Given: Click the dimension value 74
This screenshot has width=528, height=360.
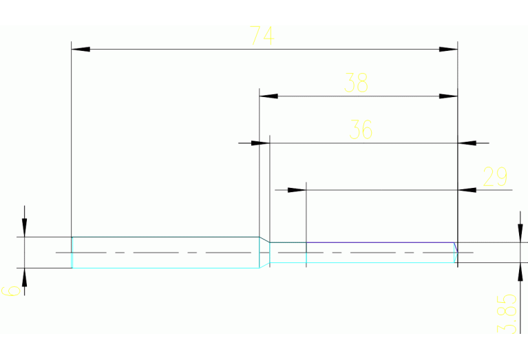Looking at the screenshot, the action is pos(262,35).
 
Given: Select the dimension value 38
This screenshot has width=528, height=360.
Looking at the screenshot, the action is pos(357,83).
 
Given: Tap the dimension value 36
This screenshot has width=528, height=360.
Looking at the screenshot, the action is pos(361,129).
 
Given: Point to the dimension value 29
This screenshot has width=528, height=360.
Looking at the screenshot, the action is pos(496,177).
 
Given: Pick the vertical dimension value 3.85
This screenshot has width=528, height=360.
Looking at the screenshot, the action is pos(507,313).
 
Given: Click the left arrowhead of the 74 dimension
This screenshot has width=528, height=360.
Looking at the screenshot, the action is pos(81,49).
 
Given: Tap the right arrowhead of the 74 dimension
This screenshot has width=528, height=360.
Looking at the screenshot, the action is pos(449,49).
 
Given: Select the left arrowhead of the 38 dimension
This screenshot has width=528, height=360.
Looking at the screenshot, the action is pos(268,96).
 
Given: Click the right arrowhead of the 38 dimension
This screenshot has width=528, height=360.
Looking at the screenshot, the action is pos(449,96).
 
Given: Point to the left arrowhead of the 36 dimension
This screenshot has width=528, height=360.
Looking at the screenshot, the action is pos(260,143).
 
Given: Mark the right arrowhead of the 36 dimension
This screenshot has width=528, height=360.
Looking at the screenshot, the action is pos(467,143).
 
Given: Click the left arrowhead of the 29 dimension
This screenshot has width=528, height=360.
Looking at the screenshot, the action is pos(297,189).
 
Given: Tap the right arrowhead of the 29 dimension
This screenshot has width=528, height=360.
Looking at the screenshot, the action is pos(467,189).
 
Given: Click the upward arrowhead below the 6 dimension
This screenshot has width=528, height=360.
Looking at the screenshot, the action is pos(24,277).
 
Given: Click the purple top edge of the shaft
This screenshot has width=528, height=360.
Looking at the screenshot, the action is pos(379,242).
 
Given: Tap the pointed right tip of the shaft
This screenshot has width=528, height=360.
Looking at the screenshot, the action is pos(457,253).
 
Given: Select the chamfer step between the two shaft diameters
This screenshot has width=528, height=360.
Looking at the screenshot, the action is pos(264,240).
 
